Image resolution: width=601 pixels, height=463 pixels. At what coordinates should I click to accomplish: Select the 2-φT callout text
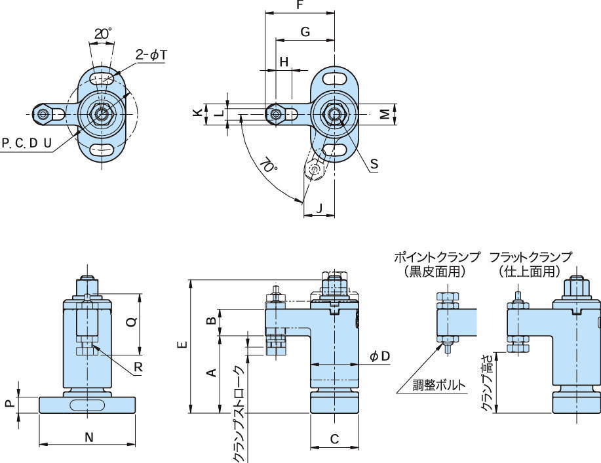[151, 56]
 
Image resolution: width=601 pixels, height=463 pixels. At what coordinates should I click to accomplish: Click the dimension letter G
[305, 32]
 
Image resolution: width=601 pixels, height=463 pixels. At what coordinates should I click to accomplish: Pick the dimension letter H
[284, 62]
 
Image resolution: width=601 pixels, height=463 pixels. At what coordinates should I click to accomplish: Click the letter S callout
[374, 165]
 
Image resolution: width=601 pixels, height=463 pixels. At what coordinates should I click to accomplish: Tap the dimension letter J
[319, 209]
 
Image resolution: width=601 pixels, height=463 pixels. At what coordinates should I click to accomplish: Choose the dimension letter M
[386, 113]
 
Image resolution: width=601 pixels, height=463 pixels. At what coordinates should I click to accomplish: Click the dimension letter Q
[131, 323]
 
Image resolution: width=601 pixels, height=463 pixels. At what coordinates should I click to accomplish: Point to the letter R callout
[138, 368]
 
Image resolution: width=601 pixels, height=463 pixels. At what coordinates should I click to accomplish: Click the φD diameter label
[380, 356]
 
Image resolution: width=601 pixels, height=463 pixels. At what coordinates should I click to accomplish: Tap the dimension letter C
[334, 439]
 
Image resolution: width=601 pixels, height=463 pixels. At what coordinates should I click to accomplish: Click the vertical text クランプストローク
[239, 414]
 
